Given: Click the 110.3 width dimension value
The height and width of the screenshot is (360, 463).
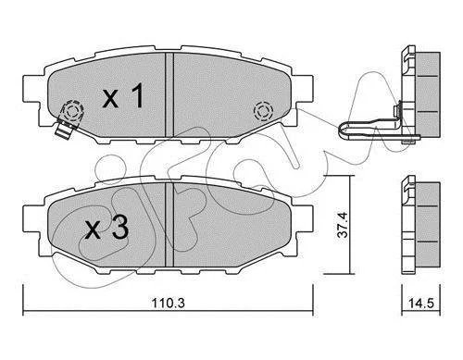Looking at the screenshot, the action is (168, 303).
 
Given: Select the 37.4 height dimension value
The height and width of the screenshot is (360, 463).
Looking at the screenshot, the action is (343, 224).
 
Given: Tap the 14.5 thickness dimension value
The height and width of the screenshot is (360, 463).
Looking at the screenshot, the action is (421, 303).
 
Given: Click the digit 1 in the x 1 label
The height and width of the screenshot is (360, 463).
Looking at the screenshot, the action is (137, 95).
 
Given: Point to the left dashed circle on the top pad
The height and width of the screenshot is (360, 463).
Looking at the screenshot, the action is (72, 110).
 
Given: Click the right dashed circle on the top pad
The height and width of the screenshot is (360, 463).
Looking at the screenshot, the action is (263, 111).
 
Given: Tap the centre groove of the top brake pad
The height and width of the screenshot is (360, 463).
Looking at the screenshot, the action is (169, 94).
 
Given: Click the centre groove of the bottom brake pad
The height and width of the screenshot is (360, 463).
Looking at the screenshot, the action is (169, 224).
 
